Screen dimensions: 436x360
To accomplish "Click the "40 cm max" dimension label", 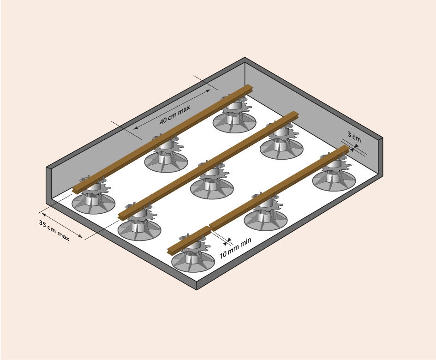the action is click(175, 114).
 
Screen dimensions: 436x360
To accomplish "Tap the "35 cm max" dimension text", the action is click(54, 231).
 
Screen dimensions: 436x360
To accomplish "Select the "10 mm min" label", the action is click(235, 248).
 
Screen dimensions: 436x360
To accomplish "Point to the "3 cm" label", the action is click(354, 137).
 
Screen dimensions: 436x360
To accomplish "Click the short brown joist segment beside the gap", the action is click(189, 240).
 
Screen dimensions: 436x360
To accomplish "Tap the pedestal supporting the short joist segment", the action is click(193, 254).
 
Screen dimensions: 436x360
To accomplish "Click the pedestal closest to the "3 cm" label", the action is click(334, 174).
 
